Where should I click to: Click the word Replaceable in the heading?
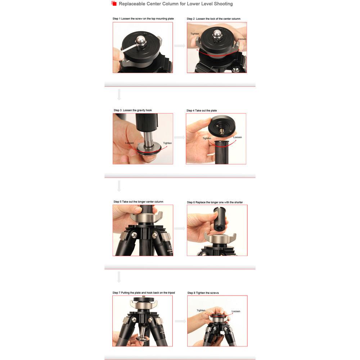coord(132,4)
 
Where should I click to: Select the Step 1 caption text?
coord(143,19)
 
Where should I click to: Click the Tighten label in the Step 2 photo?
coord(195,34)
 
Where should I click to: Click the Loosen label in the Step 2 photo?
coord(242,39)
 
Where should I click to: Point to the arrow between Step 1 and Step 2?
coord(180,46)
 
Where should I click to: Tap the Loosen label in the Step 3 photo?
coord(130,143)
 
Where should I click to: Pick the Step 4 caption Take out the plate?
coord(202,111)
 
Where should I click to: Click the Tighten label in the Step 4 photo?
coord(207,138)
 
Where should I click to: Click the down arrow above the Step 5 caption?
coord(119,186)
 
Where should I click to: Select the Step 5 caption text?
coord(138,202)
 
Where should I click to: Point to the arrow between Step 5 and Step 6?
coord(180,229)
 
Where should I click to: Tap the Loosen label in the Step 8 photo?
coord(236,311)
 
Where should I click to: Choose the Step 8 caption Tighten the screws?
coord(203,293)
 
